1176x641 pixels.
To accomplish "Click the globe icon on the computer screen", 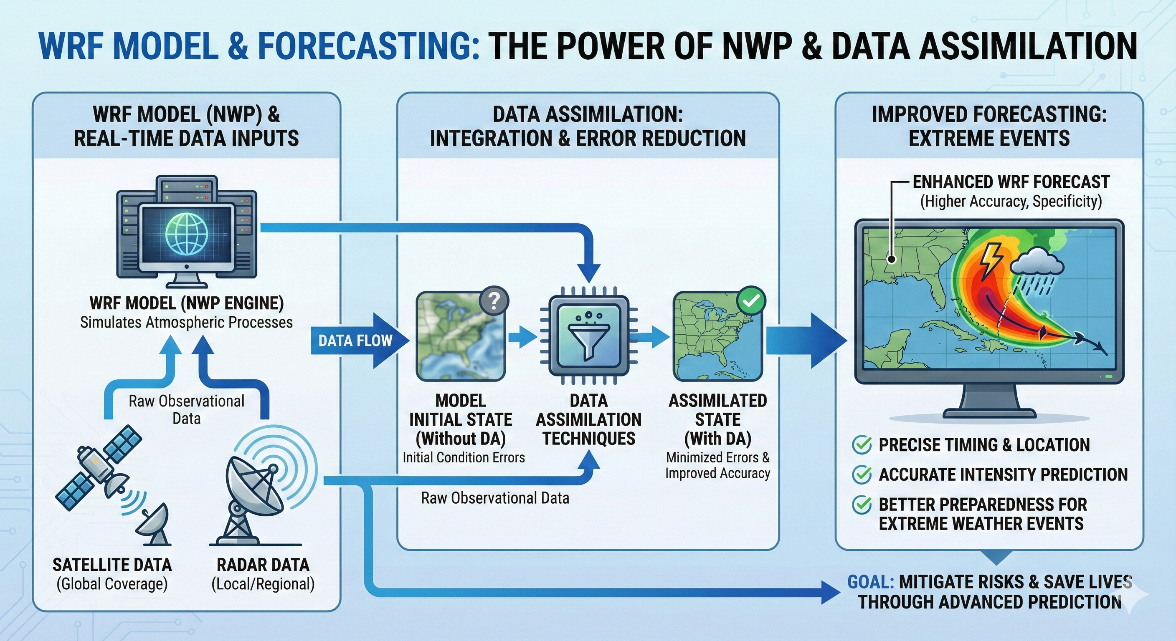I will point(186,235).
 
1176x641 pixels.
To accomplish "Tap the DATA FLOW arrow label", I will point(355,341).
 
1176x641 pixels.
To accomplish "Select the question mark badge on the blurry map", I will point(494,300).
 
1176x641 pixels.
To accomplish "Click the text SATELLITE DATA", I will point(112,565).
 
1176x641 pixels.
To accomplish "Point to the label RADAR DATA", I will point(263,565).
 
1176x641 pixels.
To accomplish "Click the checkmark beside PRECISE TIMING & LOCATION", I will point(862,444).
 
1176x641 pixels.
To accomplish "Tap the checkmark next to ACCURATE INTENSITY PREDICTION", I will point(862,474).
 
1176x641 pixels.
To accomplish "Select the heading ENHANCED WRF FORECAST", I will point(1011,182).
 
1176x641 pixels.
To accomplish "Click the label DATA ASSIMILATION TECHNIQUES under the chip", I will point(588,419).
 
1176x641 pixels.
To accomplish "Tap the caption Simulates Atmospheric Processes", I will point(186,322).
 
